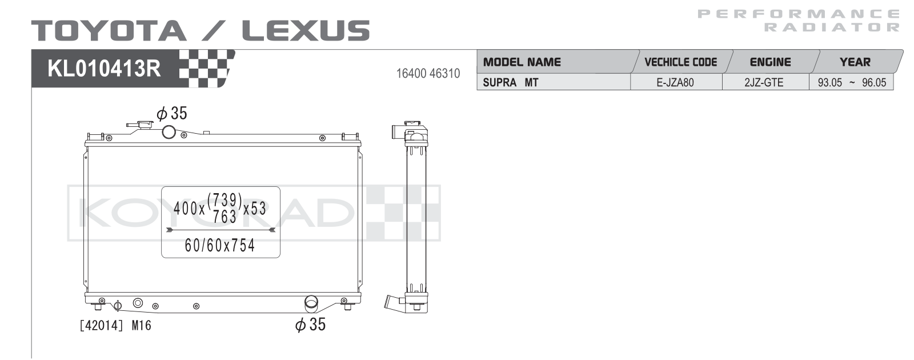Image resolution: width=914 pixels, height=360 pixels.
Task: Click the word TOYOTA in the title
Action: [x=109, y=31]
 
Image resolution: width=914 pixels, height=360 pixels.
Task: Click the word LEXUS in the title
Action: [x=306, y=31]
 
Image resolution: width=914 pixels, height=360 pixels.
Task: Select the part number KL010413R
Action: [x=104, y=69]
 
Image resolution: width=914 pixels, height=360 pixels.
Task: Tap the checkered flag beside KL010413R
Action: [x=207, y=69]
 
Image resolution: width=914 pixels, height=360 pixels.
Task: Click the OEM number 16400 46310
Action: [x=428, y=74]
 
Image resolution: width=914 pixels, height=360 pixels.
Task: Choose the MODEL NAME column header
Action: [x=522, y=62]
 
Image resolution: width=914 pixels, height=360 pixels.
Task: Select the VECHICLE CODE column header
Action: [x=680, y=62]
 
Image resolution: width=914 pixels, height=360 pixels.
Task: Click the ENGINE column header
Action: [x=771, y=62]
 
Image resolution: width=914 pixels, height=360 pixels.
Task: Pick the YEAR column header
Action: [x=855, y=62]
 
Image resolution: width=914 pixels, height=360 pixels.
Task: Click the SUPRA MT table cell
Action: [x=511, y=82]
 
